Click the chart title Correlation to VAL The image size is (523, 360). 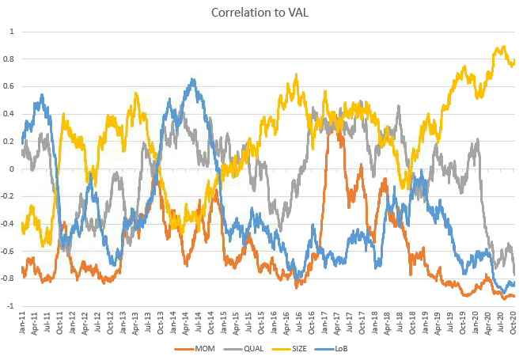click(x=261, y=13)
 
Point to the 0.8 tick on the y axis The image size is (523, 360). click(x=11, y=59)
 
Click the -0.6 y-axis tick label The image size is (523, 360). click(x=9, y=252)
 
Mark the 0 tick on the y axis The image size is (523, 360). click(x=13, y=169)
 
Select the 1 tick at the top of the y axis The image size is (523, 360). click(x=13, y=32)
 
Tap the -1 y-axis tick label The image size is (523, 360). click(x=11, y=306)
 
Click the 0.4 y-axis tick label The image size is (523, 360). click(x=11, y=114)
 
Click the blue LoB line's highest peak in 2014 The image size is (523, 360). click(x=192, y=79)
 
